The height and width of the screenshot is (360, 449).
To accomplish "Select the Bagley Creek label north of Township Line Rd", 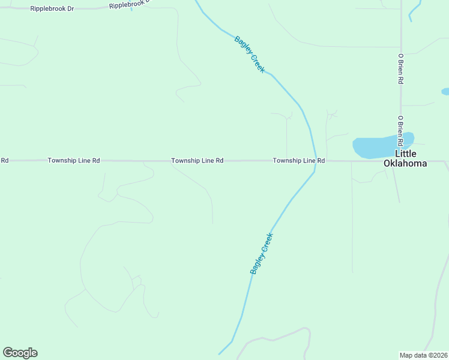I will point(249,55).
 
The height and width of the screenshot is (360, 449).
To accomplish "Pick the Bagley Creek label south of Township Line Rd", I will point(262,253).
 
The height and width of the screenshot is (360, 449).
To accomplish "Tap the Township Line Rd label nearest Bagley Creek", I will point(298,161).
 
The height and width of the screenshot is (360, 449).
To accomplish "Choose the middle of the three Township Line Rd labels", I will point(197,161).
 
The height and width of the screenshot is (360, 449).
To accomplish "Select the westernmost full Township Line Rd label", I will point(74,161).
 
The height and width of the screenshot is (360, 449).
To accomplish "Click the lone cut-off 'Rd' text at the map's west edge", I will point(4,161).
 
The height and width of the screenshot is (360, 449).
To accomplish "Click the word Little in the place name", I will point(405,154).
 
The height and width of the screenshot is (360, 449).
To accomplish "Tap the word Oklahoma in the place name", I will point(405,163).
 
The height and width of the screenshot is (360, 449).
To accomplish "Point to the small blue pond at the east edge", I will point(445,92).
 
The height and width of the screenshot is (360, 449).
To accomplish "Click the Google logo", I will point(20,353).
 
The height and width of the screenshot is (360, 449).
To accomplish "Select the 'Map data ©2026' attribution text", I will point(423,355).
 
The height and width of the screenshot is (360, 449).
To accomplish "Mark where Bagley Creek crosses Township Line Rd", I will point(314,161).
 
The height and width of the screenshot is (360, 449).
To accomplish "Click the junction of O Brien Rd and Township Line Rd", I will point(400,161).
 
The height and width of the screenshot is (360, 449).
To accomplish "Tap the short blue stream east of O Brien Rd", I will point(414,10).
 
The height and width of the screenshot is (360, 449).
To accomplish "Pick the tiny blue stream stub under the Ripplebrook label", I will point(131,9).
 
